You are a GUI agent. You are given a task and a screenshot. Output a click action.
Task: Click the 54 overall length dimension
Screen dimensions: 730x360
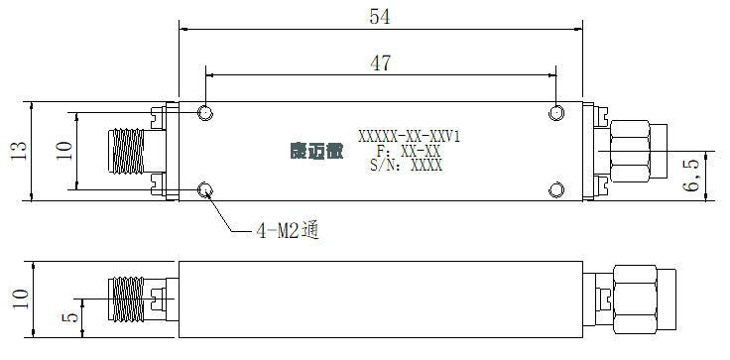click(380, 17)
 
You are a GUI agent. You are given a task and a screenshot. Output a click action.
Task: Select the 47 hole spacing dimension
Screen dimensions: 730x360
click(380, 63)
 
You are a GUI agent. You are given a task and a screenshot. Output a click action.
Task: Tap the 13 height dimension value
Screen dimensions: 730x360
click(19, 151)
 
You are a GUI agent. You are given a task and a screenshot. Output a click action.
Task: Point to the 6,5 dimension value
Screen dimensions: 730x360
click(692, 176)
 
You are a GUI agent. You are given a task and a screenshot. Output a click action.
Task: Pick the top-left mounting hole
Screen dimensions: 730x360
click(205, 113)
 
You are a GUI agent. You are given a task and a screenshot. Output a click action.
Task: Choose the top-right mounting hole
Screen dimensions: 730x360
click(556, 113)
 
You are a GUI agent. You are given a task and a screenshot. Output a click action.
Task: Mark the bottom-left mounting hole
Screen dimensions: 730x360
click(205, 189)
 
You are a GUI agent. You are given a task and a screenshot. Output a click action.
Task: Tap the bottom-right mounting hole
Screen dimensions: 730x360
click(556, 189)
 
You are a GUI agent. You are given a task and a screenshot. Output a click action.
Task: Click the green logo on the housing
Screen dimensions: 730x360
click(316, 152)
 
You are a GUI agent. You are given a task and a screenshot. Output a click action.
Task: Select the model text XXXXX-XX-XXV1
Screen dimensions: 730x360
click(410, 137)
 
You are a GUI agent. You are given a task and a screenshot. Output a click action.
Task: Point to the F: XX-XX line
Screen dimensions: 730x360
click(408, 152)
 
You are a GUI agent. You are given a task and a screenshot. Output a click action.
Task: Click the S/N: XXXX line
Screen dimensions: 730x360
click(407, 166)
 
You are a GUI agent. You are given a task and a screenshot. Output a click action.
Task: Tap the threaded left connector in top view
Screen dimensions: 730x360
click(126, 151)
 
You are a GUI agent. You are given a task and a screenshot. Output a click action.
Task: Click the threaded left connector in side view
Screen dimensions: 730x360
click(126, 299)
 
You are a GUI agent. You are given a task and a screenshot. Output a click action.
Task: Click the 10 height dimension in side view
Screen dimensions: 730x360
click(21, 299)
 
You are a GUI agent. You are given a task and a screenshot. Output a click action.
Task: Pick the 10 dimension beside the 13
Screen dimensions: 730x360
click(64, 151)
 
